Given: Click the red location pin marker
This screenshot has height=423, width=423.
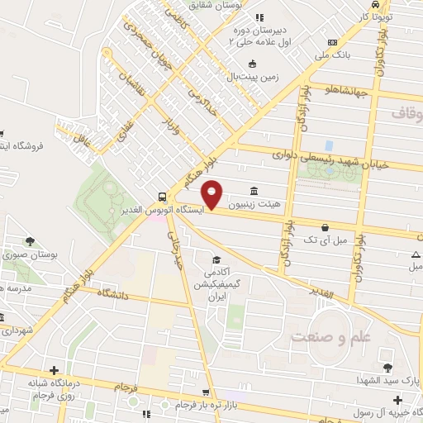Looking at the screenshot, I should (212, 193).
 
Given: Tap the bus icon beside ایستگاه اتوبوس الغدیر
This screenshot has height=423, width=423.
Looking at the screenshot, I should (162, 197).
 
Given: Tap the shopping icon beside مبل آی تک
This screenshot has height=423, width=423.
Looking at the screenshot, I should (325, 227).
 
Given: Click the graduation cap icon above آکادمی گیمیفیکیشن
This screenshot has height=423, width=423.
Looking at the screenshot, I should (216, 259).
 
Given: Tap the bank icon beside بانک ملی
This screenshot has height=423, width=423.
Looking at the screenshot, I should (332, 42).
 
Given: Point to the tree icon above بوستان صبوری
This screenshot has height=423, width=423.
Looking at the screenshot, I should (31, 242).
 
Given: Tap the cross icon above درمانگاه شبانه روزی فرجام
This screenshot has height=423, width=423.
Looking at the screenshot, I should (55, 371).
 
